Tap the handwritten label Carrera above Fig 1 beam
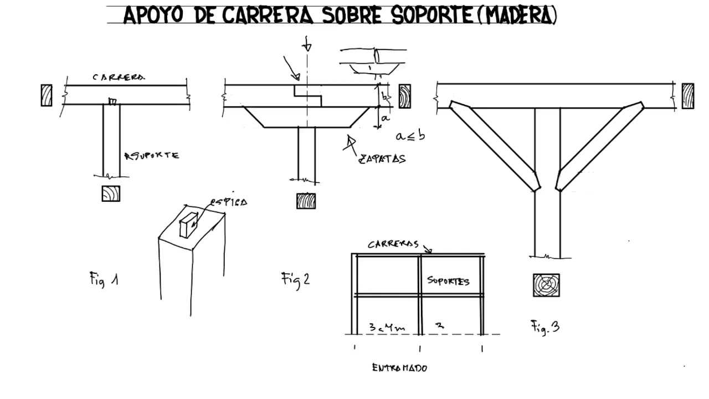coord(119,78)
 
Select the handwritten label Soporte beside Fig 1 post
coord(152,156)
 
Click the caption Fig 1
coord(104,279)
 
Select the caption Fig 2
coord(295,279)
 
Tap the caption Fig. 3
coord(545,327)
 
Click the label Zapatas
coord(382,158)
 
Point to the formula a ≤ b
coord(410,135)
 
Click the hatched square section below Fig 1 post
coord(111,193)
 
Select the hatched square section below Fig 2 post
coord(306,201)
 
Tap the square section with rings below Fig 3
coord(546,285)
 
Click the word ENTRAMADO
coord(399,367)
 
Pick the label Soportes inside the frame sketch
coord(448,281)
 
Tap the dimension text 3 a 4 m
coord(387,327)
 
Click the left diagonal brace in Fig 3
coord(493,145)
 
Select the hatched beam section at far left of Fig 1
coord(47,95)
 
